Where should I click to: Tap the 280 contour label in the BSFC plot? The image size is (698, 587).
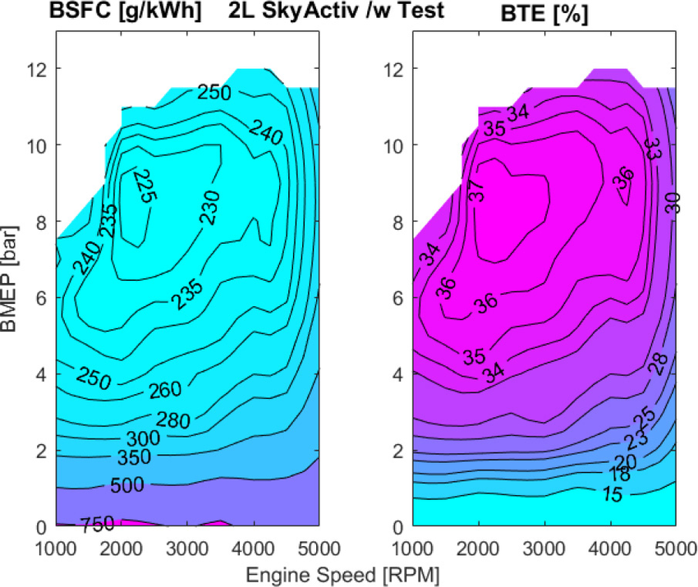(172, 420)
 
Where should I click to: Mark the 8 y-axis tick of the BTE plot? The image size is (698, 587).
(397, 221)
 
